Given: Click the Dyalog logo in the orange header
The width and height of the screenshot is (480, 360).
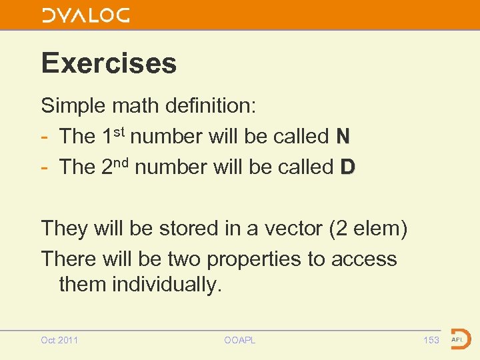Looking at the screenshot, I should click(85, 15).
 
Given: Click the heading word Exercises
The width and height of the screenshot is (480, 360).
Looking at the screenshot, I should click(109, 63).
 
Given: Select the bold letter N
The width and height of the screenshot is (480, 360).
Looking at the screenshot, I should click(343, 137).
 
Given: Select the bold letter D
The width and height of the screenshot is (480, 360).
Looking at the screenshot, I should click(347, 167).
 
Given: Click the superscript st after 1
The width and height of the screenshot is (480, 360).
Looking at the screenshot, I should click(120, 131).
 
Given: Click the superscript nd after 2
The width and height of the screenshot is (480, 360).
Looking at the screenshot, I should click(123, 161).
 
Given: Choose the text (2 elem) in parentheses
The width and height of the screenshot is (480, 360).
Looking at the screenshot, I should click(367, 228).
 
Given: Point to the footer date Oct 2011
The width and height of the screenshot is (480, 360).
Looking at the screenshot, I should click(59, 340).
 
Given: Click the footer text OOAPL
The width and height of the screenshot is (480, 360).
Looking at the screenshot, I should click(239, 340).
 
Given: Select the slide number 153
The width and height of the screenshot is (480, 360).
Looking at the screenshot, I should click(431, 340).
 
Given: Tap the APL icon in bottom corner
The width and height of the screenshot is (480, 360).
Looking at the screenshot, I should click(461, 339).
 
